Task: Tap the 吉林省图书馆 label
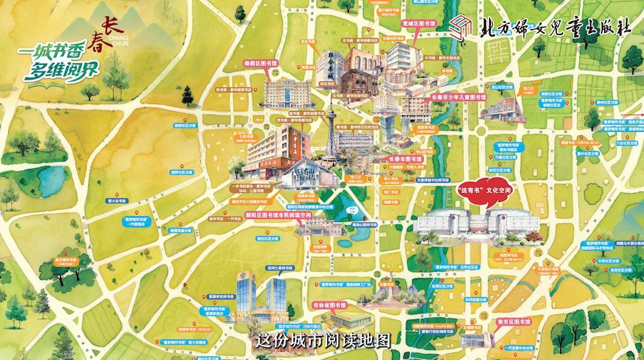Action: [x=330, y=306]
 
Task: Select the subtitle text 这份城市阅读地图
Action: [x=322, y=341]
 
